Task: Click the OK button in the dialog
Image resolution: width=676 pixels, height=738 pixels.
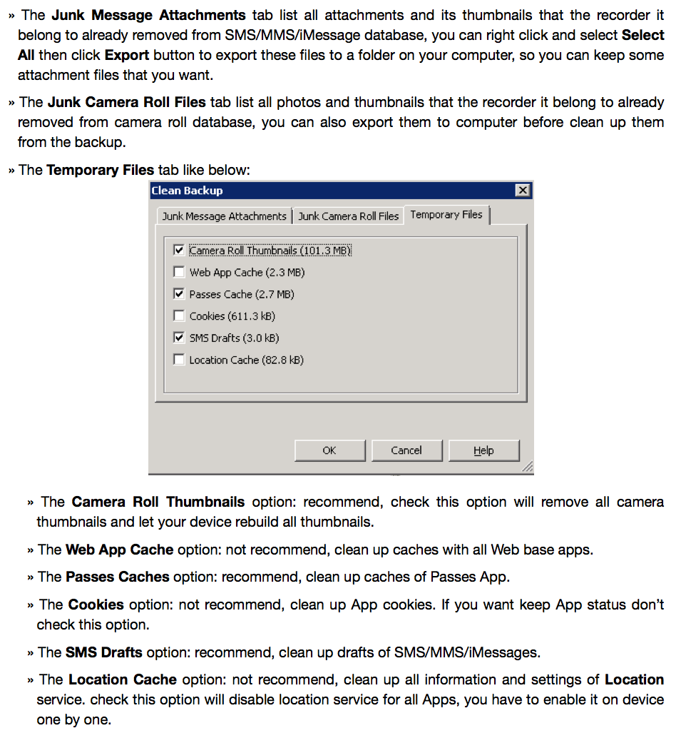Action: pos(329,450)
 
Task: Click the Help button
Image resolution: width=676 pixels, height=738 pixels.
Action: pos(483,450)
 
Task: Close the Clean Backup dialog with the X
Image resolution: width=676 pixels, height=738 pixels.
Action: pos(523,191)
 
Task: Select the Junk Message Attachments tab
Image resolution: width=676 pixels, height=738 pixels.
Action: pos(224,216)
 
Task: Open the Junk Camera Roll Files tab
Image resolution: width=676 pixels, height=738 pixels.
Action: pos(348,216)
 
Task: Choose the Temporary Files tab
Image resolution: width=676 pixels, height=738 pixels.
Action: pos(446,214)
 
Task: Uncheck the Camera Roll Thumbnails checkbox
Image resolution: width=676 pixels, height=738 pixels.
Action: pos(179,251)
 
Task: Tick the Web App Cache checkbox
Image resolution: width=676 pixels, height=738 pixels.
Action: pos(179,272)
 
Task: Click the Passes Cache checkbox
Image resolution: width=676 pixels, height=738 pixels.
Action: pos(179,294)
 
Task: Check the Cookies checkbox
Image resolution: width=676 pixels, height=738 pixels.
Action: pos(179,315)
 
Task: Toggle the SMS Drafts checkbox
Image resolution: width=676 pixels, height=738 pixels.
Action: pos(179,338)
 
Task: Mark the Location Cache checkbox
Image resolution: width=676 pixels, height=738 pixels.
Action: pos(179,360)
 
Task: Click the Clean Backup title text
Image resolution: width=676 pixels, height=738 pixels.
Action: pos(188,191)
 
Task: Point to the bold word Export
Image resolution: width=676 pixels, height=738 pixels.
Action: pos(127,55)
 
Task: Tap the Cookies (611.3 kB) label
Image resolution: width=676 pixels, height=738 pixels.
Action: pos(232,315)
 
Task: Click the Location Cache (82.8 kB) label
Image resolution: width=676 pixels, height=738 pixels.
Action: pos(246,360)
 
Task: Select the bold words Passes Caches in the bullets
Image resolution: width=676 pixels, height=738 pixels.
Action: pos(118,576)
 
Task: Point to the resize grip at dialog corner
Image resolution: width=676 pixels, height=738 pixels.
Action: pos(527,467)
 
